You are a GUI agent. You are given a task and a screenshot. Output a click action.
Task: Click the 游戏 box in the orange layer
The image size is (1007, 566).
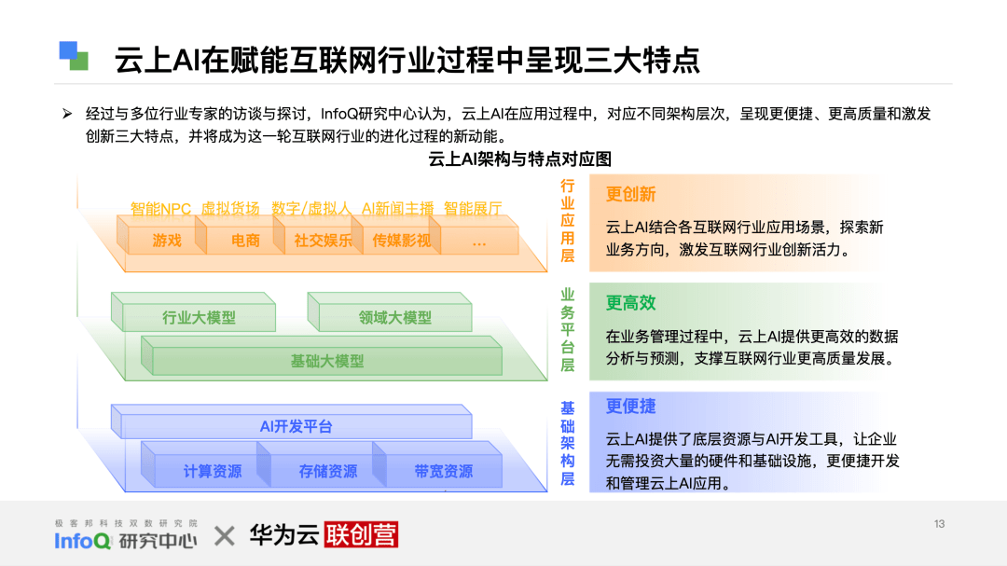[x=167, y=241]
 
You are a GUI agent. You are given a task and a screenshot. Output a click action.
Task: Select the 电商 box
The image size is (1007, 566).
[x=246, y=241]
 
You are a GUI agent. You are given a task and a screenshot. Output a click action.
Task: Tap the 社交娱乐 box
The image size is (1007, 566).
[x=324, y=241]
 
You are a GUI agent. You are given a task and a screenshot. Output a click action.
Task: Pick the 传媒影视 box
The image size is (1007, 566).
[x=402, y=241]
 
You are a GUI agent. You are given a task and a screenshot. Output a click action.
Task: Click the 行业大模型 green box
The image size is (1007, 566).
[x=199, y=318]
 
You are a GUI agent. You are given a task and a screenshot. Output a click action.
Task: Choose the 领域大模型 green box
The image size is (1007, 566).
[x=395, y=318]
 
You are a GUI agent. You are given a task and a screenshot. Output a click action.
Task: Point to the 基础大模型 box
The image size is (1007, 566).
[x=326, y=361]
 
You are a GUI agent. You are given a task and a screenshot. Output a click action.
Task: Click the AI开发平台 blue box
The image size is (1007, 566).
[x=296, y=427]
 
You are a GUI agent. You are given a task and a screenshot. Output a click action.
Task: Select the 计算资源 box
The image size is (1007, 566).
[x=212, y=472]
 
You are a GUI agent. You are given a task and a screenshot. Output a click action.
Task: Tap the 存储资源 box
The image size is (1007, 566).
[x=327, y=472]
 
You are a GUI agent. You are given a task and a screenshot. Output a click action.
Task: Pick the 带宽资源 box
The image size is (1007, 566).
[x=443, y=472]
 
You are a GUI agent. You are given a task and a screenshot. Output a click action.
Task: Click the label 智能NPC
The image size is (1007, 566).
[x=160, y=209]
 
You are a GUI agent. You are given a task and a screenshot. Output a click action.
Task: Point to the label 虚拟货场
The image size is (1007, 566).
[x=230, y=209]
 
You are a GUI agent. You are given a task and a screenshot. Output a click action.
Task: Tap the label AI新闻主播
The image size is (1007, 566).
[x=397, y=209]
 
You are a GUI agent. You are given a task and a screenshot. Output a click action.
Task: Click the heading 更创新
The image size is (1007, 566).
[x=630, y=194]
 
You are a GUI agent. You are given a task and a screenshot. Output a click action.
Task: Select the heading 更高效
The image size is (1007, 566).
[x=630, y=303]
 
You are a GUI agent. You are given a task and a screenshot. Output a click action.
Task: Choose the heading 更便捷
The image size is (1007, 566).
[x=630, y=407]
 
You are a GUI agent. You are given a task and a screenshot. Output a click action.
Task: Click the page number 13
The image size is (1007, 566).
[x=939, y=524]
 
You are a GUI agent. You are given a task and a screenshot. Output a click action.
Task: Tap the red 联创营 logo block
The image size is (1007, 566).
[x=361, y=535]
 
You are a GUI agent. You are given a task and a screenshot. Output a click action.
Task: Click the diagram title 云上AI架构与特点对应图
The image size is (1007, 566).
[x=519, y=159]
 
